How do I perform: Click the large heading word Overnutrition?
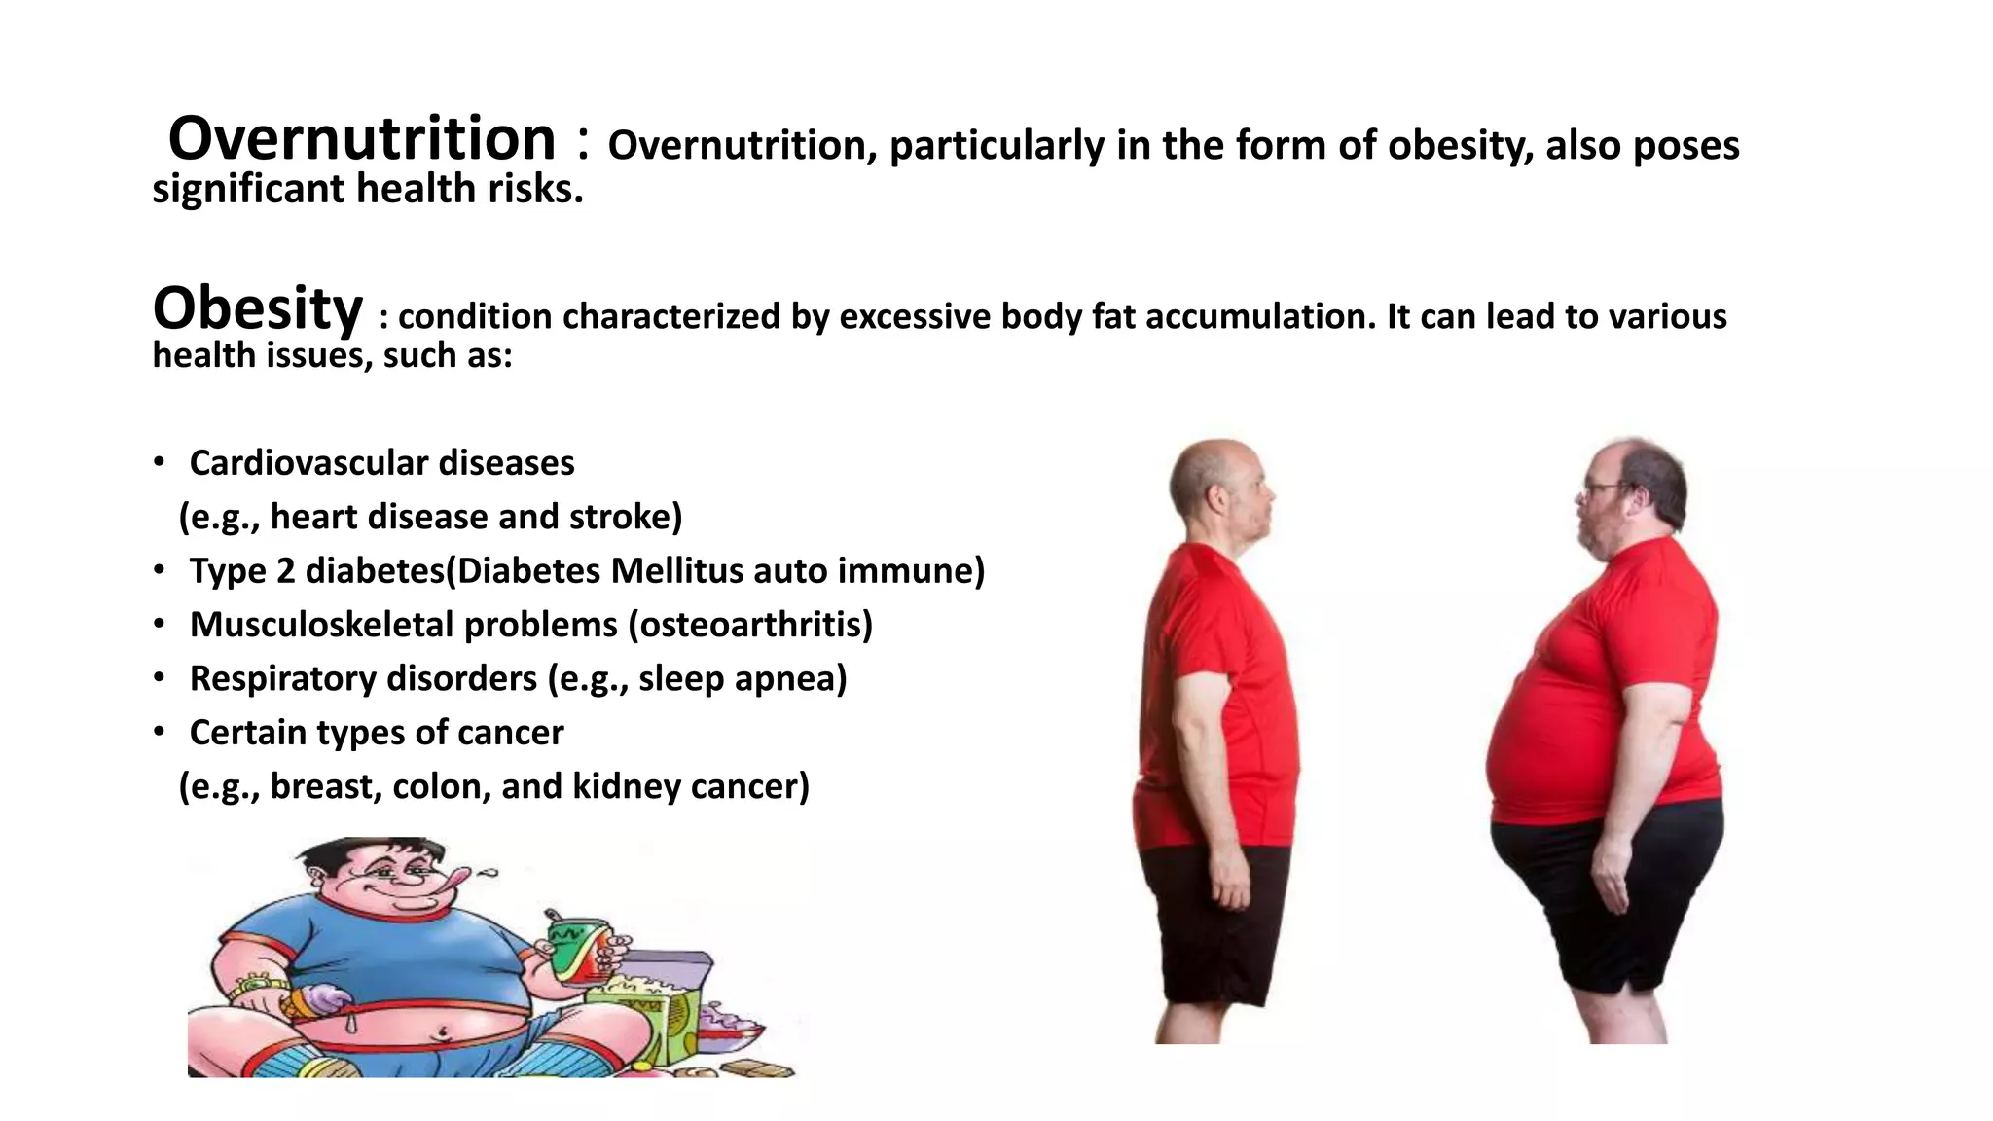361,138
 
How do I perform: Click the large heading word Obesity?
258,308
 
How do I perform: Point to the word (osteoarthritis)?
750,625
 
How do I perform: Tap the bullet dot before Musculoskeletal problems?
159,624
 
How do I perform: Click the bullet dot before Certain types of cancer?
159,732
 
